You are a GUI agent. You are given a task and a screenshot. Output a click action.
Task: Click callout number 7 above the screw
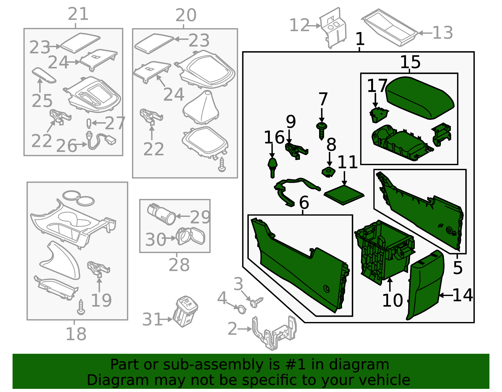pos(323,99)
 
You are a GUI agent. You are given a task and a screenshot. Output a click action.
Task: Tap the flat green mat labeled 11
pos(344,195)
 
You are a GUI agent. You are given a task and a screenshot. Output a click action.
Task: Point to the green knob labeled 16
pos(272,166)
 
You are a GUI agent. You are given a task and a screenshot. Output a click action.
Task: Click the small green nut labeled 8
pos(328,172)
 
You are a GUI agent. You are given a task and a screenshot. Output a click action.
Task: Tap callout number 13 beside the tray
pos(443,32)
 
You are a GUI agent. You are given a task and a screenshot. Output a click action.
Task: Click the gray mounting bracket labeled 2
pos(275,334)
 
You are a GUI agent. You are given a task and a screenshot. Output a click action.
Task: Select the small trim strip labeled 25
pos(44,75)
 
